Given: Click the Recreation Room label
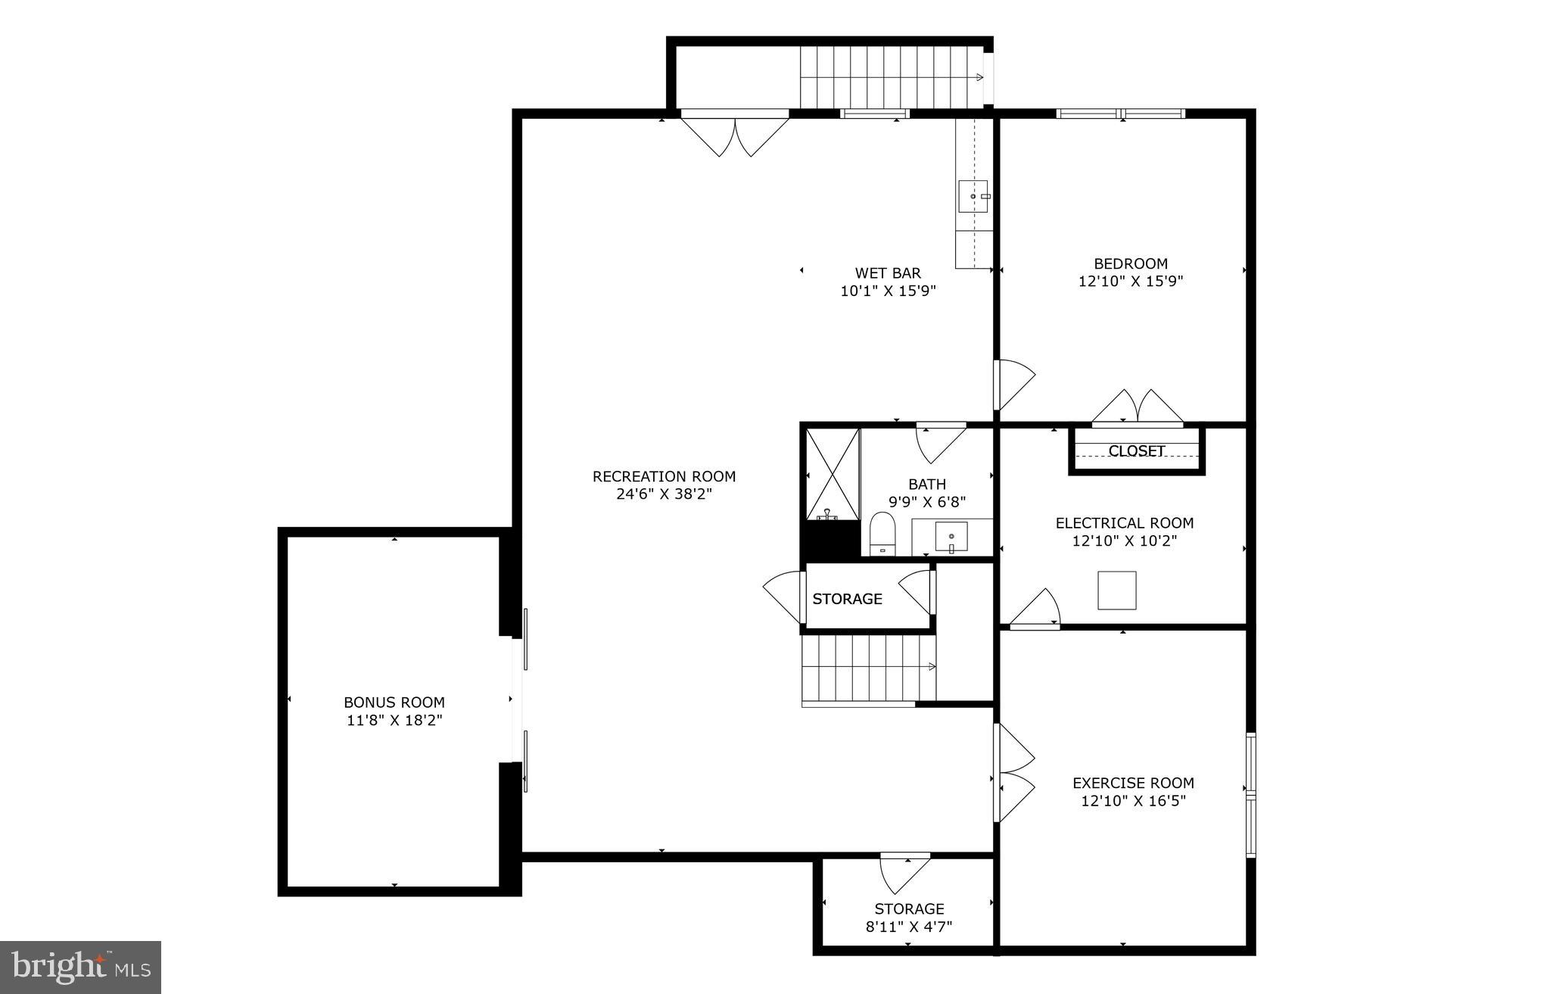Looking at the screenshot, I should (x=664, y=477).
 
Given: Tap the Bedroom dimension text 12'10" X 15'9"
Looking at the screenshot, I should (x=1131, y=282).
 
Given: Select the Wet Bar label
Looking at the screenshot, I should (x=888, y=273).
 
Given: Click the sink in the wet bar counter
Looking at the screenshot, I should (x=972, y=196).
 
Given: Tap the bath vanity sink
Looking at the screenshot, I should (x=951, y=537).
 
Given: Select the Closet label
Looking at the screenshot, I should (x=1136, y=451).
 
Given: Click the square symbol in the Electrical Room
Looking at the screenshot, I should (x=1117, y=590).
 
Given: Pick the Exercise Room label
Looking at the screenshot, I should (x=1133, y=784).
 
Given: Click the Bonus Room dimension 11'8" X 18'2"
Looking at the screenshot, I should (x=394, y=721).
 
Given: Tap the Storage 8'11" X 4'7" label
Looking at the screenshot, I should (x=909, y=917).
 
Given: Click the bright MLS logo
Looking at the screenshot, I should (x=81, y=967).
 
